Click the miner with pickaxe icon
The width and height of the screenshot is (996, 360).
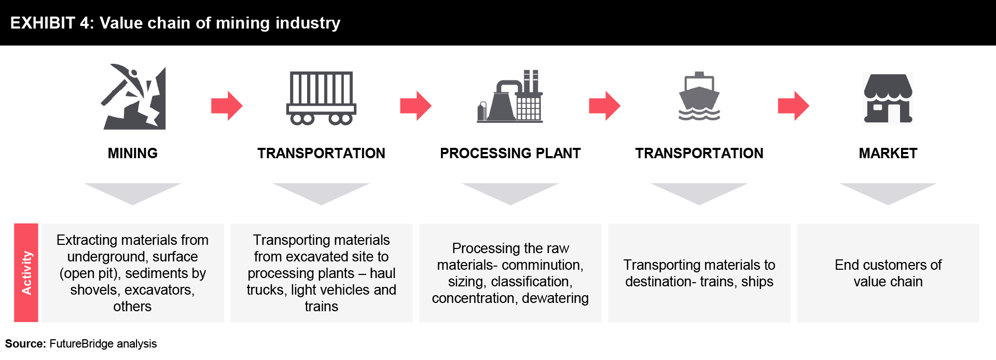pos(133,97)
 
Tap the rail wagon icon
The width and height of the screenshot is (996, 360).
pos(321,99)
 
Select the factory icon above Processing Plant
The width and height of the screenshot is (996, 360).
pos(510,96)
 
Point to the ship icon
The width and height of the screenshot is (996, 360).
pos(699,96)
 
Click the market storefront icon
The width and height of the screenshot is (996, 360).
pos(888,99)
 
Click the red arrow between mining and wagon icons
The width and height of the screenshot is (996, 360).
pos(227,106)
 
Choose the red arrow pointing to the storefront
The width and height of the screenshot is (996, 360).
pos(794,106)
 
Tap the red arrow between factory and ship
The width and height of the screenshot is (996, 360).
pos(605,106)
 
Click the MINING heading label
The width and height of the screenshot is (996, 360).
pos(133,154)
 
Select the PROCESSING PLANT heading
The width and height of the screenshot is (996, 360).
pos(510,154)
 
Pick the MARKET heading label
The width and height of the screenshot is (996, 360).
pos(888,154)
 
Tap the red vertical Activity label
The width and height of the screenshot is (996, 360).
pos(26,273)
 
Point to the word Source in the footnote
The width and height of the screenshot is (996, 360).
pos(25,344)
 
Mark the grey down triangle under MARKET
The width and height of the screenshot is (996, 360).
pos(888,191)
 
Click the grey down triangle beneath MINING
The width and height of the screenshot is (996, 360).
pos(132,191)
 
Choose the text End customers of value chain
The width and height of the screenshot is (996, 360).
pos(888,273)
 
